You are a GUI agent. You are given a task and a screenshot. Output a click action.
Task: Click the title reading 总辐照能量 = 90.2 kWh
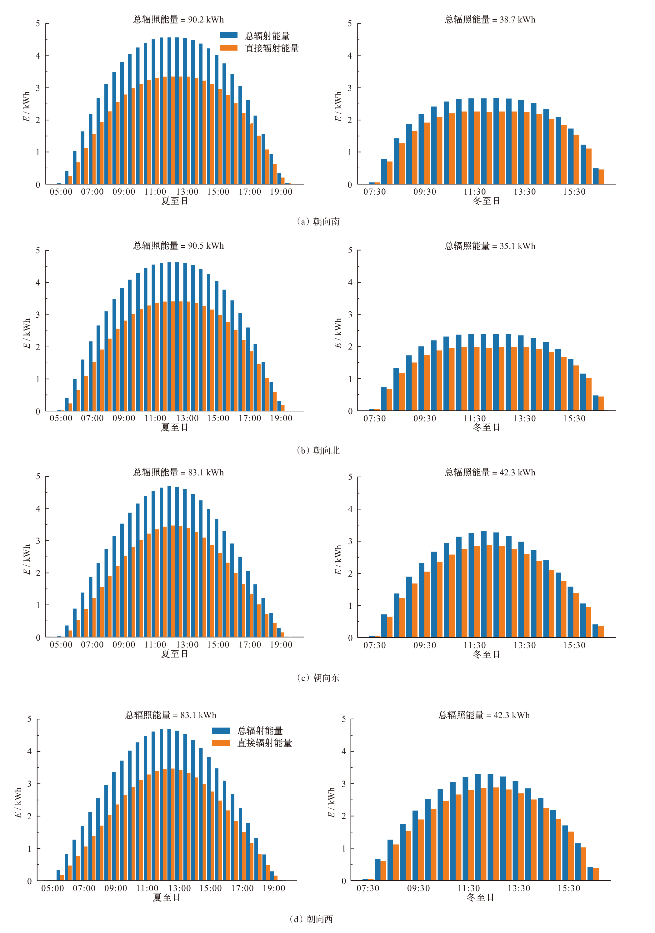point(178,19)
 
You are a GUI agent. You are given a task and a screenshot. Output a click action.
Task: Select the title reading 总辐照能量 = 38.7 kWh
point(490,19)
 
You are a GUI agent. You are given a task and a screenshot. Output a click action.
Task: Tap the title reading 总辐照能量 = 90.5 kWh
point(178,246)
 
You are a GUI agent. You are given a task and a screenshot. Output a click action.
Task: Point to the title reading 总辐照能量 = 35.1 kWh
point(490,246)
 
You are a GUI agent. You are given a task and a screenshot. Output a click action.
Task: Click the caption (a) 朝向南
point(318,221)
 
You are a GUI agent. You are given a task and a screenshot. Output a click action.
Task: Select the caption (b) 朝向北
point(318,450)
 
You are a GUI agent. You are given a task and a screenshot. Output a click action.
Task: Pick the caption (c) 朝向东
point(318,678)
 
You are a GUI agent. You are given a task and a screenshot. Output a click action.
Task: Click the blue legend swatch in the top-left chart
point(228,35)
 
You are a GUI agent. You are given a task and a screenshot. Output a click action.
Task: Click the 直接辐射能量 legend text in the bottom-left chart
point(265,743)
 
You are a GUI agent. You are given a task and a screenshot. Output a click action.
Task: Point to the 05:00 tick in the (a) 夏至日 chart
point(61,192)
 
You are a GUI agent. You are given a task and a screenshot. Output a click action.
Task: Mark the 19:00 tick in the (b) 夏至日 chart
point(281,418)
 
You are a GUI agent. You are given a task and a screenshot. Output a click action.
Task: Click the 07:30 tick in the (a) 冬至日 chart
point(374,192)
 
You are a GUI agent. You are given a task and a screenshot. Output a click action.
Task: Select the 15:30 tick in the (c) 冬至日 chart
point(574,645)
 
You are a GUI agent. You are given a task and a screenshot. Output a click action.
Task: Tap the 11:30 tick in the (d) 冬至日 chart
point(468,888)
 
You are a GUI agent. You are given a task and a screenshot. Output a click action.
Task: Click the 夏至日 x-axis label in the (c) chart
point(174,654)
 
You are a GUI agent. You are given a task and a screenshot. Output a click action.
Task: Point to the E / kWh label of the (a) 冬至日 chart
point(338,107)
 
